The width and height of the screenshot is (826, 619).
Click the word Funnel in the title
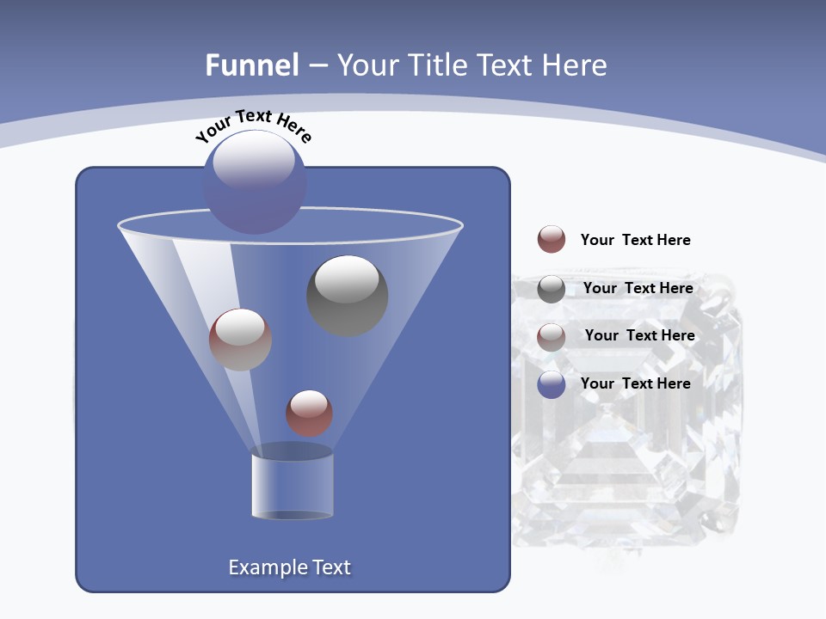(251, 65)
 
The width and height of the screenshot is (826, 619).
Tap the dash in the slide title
(317, 66)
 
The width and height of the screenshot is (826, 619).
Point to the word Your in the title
(366, 65)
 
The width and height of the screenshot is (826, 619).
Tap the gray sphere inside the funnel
(348, 296)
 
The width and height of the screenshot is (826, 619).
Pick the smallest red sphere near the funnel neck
(309, 413)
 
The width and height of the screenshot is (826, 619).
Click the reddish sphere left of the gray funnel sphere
(240, 340)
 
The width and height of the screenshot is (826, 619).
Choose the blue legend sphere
(552, 384)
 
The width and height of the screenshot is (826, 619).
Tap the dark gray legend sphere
(552, 289)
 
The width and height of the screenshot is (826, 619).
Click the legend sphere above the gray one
(552, 239)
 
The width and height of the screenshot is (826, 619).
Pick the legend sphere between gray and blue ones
(552, 336)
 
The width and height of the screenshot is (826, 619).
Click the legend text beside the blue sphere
(635, 383)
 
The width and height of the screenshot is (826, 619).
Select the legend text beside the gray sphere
(638, 288)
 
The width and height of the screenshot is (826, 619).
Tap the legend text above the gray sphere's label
(635, 240)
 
